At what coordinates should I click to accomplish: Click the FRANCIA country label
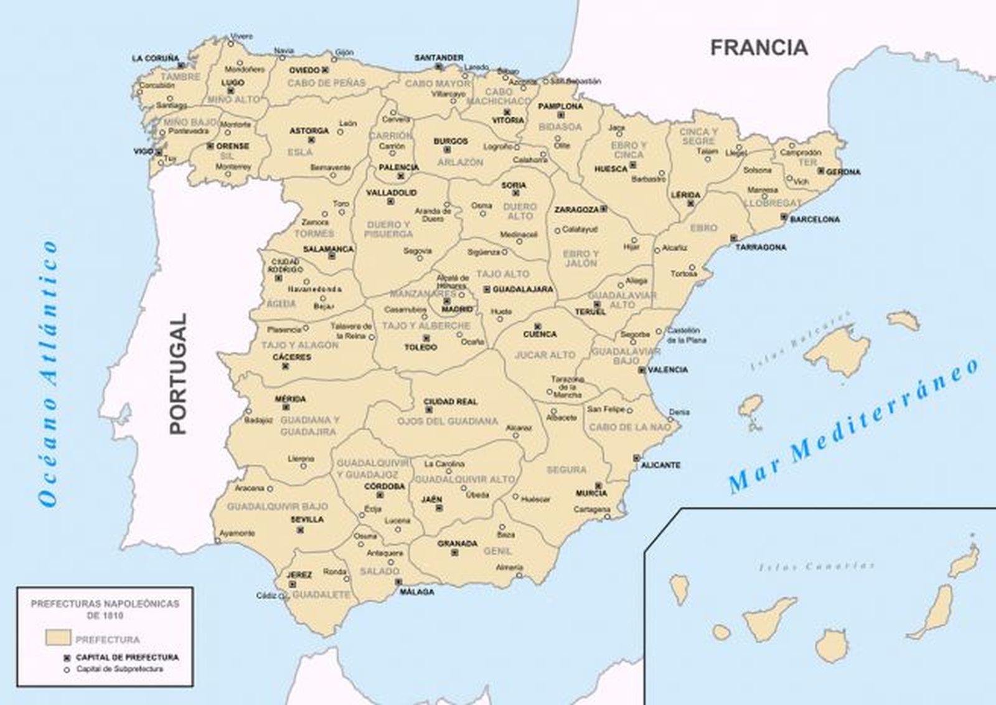pos(759,47)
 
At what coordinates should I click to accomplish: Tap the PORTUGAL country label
pos(177,373)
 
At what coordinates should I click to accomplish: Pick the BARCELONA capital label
pos(814,219)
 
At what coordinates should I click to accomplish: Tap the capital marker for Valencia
pos(641,370)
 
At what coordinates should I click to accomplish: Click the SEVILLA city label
pos(307,519)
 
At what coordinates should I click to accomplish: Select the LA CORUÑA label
pos(155,58)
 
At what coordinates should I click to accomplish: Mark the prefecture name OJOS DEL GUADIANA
pos(448,421)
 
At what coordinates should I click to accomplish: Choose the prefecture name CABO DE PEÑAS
pos(317,83)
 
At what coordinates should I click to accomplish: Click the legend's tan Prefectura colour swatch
pos(58,638)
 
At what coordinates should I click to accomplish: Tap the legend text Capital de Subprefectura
pos(120,669)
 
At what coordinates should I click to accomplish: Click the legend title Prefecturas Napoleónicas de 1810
pos(105,609)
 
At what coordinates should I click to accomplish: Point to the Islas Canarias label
pos(817,566)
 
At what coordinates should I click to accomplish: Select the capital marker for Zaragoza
pos(603,209)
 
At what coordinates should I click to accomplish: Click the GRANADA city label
pos(457,543)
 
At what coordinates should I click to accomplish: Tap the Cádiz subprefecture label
pos(266,596)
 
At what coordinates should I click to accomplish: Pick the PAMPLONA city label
pos(560,106)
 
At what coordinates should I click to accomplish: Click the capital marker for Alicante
pos(636,458)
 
